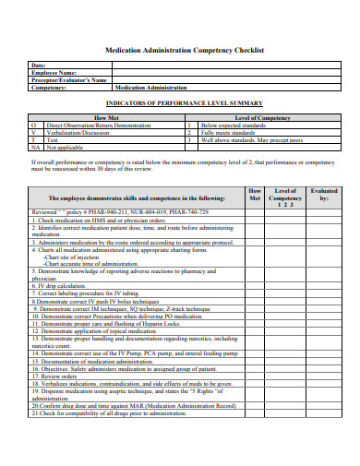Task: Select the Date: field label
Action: coord(39,66)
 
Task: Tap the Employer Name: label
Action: coord(55,73)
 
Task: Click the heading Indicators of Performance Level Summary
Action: coord(185,102)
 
